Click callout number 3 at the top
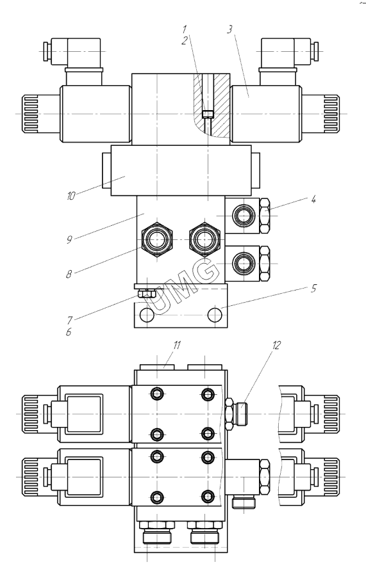click(x=229, y=29)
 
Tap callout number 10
click(x=71, y=196)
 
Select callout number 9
click(x=69, y=240)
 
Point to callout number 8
click(x=69, y=274)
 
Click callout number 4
click(x=313, y=200)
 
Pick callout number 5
click(x=313, y=288)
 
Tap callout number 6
click(x=69, y=332)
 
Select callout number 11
click(x=178, y=346)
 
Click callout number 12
click(x=276, y=345)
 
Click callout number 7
click(x=69, y=320)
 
